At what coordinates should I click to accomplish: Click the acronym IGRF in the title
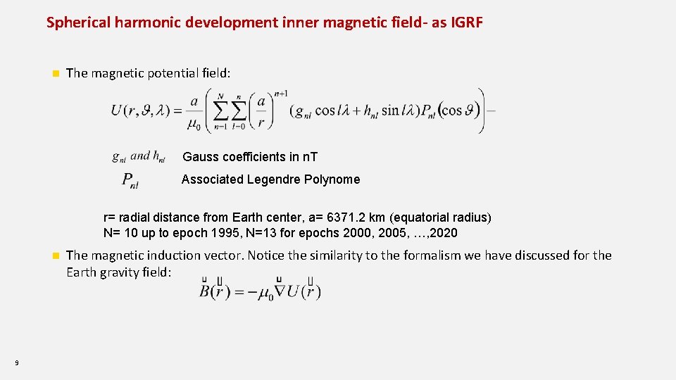(x=465, y=22)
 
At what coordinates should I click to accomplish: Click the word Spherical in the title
(x=77, y=22)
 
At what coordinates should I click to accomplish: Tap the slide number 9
(x=16, y=363)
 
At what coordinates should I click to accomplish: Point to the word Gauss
(x=202, y=156)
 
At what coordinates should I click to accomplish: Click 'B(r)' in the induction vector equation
(x=215, y=291)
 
